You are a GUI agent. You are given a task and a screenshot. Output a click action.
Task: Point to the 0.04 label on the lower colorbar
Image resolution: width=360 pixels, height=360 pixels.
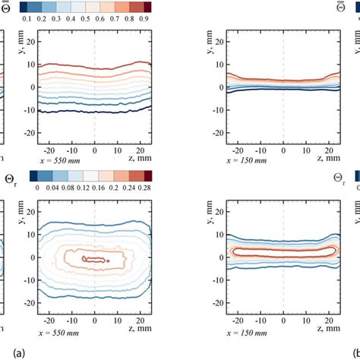point(50,186)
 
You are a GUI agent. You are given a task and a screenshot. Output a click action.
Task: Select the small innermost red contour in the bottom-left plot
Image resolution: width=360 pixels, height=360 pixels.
point(95,259)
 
